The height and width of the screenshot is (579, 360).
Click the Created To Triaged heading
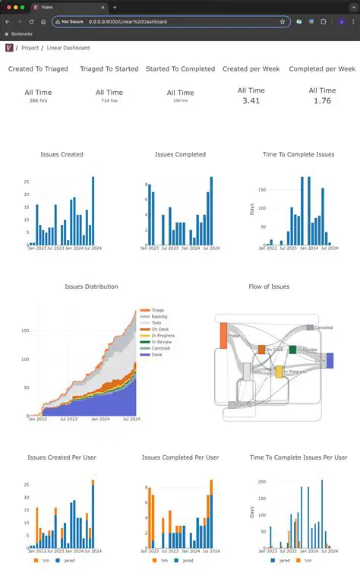click(x=38, y=69)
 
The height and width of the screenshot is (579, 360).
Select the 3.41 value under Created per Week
click(x=251, y=100)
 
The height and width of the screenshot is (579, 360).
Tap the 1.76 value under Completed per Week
click(x=322, y=100)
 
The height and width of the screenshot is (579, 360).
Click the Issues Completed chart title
click(x=180, y=154)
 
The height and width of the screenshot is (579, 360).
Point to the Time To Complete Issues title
click(x=298, y=154)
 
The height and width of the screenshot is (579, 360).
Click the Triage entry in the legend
click(x=159, y=311)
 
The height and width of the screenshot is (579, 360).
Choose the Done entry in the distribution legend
click(x=157, y=353)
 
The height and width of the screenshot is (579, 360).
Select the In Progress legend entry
click(x=163, y=335)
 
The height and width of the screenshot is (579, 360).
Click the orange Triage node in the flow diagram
click(x=224, y=334)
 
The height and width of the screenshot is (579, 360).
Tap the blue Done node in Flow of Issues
click(x=330, y=360)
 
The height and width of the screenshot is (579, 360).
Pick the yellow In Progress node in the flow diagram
click(x=279, y=372)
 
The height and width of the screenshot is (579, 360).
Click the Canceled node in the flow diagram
click(x=310, y=327)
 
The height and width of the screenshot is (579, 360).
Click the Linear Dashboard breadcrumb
click(x=68, y=48)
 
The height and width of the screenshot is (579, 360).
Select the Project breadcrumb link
click(x=30, y=48)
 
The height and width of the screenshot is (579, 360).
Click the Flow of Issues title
click(x=269, y=286)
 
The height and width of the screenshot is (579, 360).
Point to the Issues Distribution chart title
click(x=91, y=286)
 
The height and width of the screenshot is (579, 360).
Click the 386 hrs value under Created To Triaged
click(x=38, y=100)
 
